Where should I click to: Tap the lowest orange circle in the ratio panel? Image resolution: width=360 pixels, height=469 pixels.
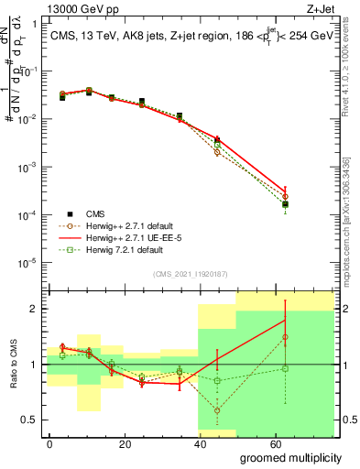(217, 410)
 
